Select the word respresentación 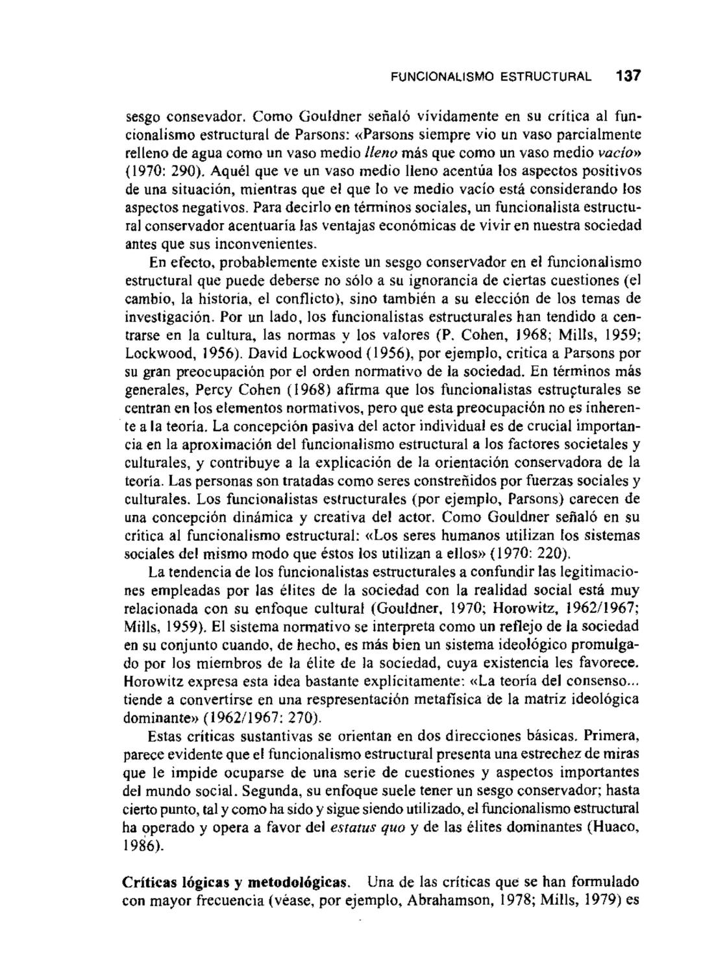tap(289, 700)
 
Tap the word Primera tap(612, 737)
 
